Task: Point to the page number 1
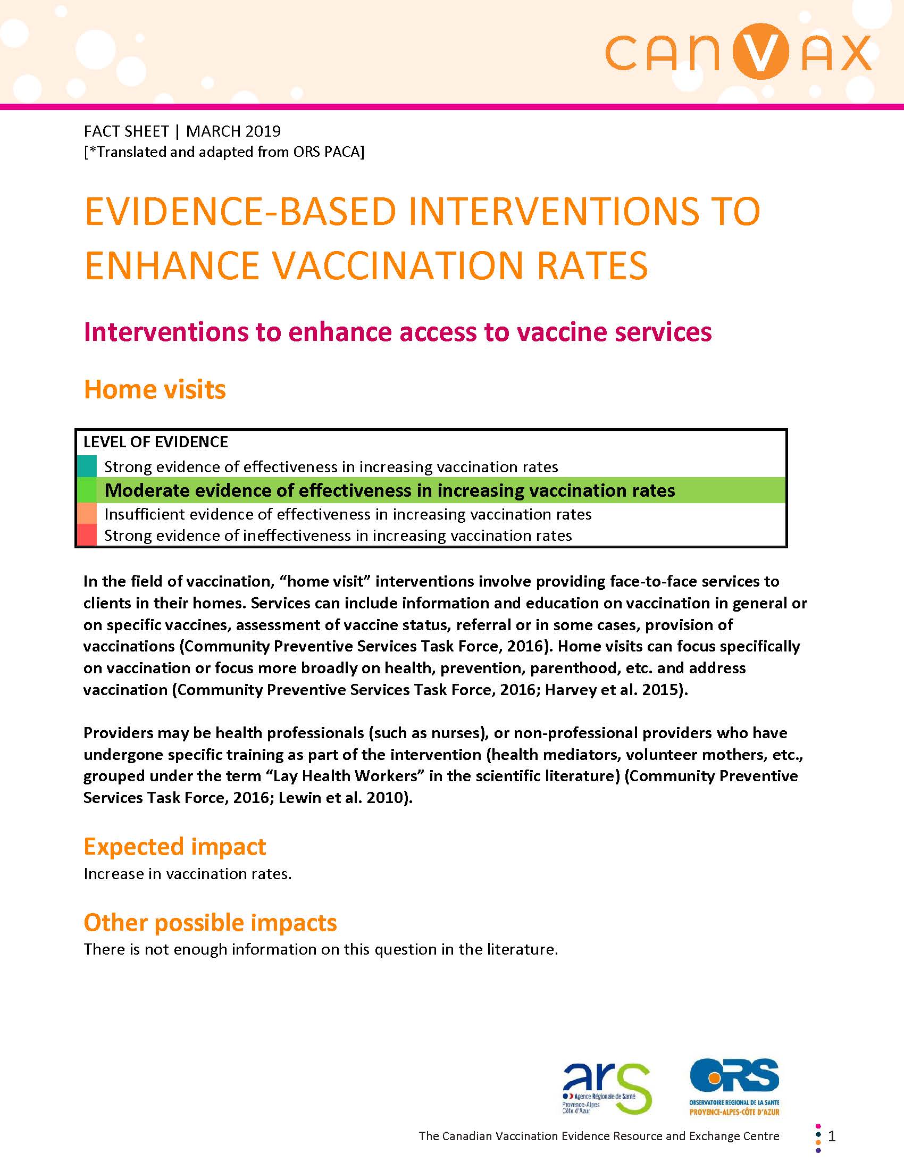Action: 832,1136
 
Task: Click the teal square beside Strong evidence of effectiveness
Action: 87,466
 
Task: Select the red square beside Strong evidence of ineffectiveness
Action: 87,535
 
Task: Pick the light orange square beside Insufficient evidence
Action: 87,514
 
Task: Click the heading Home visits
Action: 155,389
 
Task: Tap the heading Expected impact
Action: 174,847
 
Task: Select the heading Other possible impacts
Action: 210,923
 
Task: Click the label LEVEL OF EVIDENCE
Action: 155,442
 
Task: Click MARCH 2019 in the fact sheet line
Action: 233,131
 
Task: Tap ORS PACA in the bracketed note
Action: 326,152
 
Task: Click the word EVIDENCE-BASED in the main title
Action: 240,212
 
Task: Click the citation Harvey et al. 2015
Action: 612,689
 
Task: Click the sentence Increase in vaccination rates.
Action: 187,874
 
